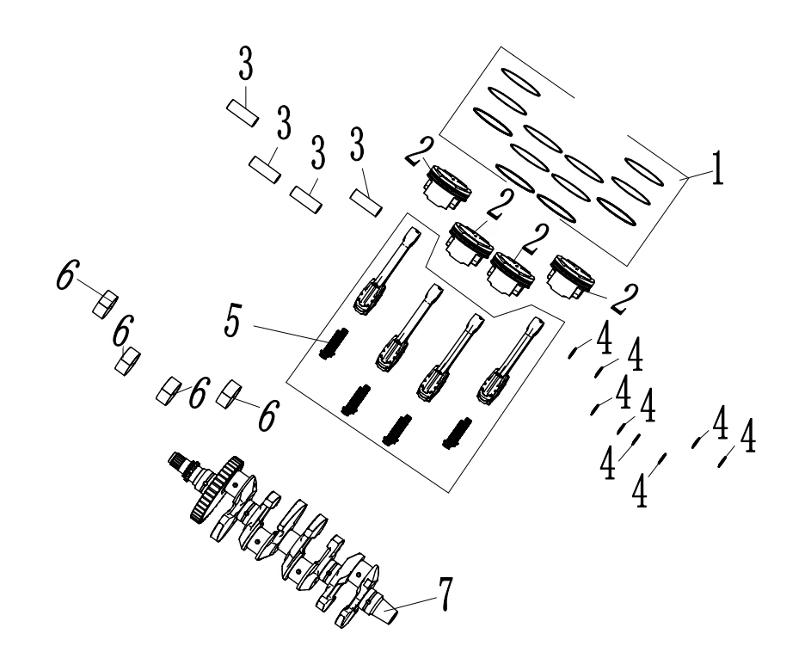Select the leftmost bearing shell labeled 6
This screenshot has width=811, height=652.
tap(105, 301)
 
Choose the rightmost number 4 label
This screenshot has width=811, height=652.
tap(747, 437)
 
